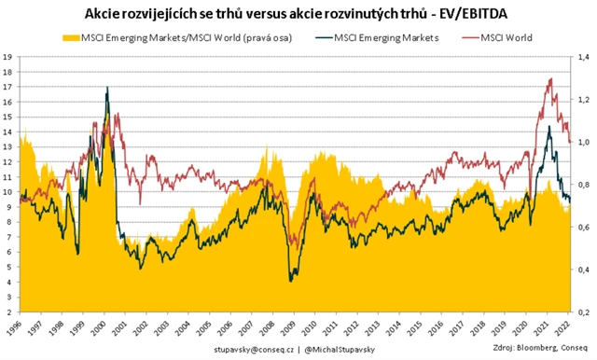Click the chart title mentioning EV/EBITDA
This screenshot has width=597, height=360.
point(298,14)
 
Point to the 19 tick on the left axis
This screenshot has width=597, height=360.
point(7,57)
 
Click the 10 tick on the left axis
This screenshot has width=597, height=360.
point(7,192)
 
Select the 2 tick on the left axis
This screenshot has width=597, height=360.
point(7,312)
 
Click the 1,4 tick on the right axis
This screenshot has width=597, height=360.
point(586,57)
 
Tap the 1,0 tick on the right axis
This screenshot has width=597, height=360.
point(586,142)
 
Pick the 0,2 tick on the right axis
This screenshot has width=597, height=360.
point(586,312)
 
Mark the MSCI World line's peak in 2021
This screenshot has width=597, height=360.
point(549,79)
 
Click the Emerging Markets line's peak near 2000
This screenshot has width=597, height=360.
point(108,88)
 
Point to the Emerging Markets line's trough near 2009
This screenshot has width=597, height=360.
point(291,280)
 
